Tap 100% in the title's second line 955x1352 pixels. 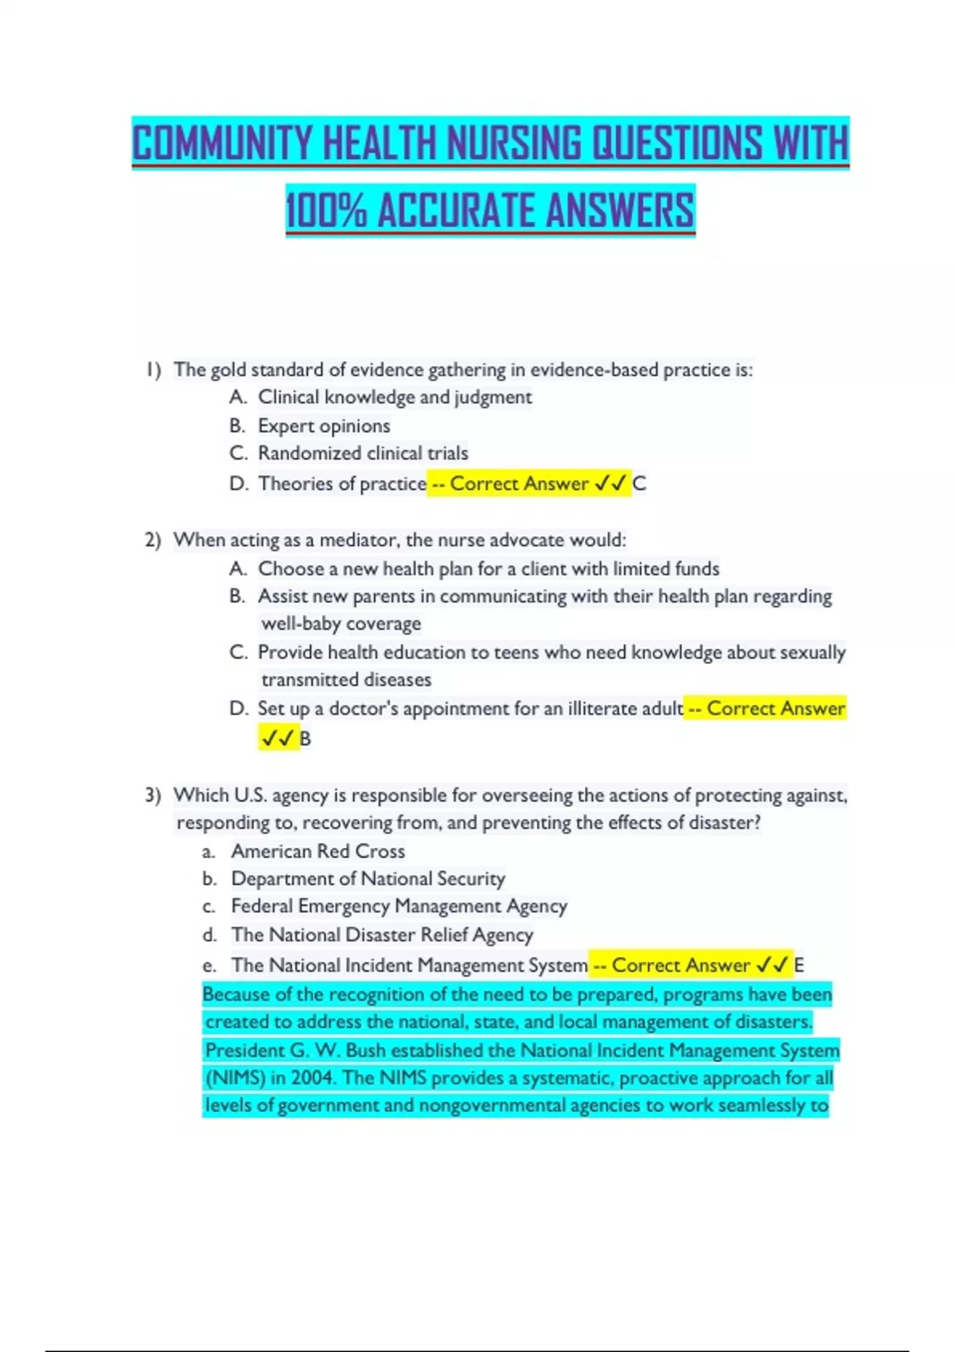(325, 212)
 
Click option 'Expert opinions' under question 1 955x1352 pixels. (324, 426)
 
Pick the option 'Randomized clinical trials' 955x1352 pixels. (363, 453)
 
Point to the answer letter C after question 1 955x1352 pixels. (639, 484)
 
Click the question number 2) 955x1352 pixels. (153, 541)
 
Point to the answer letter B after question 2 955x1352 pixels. (305, 739)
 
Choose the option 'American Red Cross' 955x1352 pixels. (318, 852)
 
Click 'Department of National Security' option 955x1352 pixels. (368, 879)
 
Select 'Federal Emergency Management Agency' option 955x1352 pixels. (399, 907)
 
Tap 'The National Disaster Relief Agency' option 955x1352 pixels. (382, 935)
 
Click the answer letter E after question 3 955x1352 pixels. (799, 965)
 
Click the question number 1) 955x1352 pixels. (153, 370)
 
